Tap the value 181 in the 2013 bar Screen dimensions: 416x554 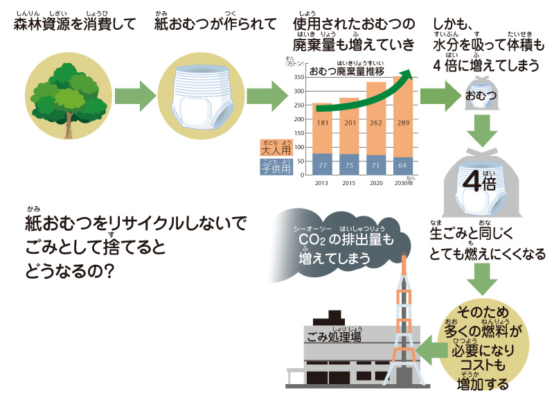(321, 123)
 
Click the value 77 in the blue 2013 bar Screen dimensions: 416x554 (321, 166)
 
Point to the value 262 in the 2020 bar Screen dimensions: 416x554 (376, 123)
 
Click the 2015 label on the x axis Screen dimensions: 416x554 (348, 182)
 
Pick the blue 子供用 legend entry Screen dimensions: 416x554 (276, 166)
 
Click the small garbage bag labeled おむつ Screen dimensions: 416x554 (480, 94)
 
